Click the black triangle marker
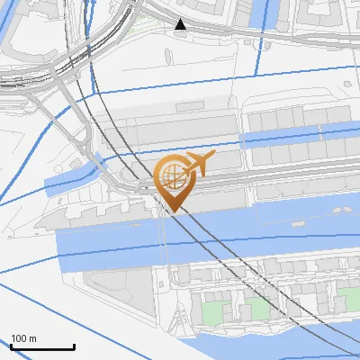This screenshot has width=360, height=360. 181,24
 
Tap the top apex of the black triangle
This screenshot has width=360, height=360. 181,19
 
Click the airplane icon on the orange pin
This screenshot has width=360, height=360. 198,165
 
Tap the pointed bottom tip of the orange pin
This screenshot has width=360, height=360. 174,212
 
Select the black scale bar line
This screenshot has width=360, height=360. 42,346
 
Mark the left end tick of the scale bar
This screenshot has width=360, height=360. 11,346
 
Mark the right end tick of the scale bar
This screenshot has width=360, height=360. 74,346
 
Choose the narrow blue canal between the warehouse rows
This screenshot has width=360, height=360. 297,139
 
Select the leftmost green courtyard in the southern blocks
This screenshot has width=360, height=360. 212,311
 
